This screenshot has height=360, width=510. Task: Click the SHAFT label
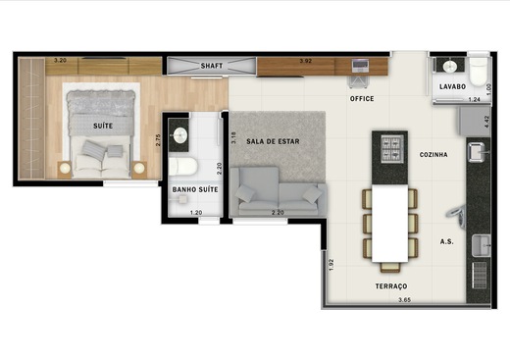pyautogui.click(x=212, y=66)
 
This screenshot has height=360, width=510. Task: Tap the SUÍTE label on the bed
pyautogui.click(x=103, y=126)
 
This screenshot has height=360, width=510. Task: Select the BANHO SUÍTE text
pyautogui.click(x=195, y=189)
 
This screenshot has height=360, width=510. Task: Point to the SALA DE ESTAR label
pyautogui.click(x=273, y=141)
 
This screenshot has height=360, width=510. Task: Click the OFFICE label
pyautogui.click(x=362, y=99)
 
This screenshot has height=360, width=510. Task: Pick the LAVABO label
pyautogui.click(x=452, y=86)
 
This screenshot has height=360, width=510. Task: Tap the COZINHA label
pyautogui.click(x=433, y=155)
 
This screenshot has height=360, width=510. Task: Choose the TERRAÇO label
pyautogui.click(x=391, y=286)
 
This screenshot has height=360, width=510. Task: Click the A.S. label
pyautogui.click(x=446, y=242)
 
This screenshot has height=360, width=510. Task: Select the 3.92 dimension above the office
pyautogui.click(x=306, y=61)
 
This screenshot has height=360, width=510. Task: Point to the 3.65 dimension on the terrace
pyautogui.click(x=404, y=300)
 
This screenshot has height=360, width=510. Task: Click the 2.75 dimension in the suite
pyautogui.click(x=158, y=140)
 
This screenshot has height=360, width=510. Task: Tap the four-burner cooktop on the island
pyautogui.click(x=392, y=149)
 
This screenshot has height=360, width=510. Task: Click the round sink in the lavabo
pyautogui.click(x=450, y=67)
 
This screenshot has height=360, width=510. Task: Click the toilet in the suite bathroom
pyautogui.click(x=182, y=166)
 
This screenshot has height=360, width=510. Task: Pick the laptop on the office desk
pyautogui.click(x=360, y=67)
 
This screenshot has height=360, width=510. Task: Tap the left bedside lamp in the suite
pyautogui.click(x=65, y=168)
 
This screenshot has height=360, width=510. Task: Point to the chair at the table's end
pyautogui.click(x=390, y=267)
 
